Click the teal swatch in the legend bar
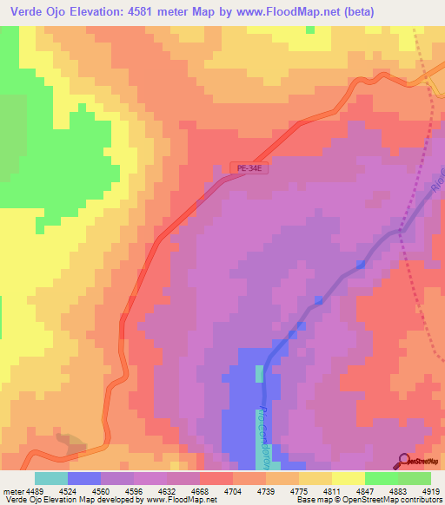50,478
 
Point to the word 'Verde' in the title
30,13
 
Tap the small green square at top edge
310,30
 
